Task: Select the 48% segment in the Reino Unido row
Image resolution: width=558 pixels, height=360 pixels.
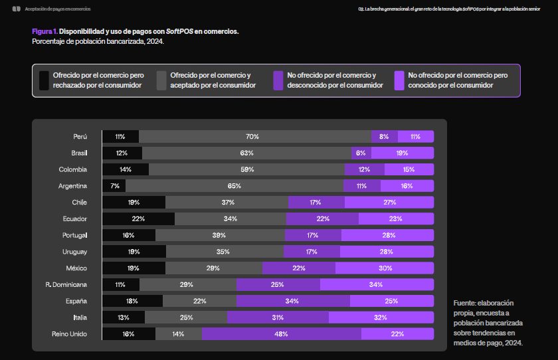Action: [x=282, y=334]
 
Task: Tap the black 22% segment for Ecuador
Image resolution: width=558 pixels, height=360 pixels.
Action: [x=138, y=219]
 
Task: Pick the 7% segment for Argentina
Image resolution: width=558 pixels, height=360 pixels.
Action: [x=114, y=186]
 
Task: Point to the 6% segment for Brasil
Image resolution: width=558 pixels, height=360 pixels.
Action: [x=361, y=153]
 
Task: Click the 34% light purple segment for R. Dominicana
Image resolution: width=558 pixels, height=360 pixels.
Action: [x=377, y=284]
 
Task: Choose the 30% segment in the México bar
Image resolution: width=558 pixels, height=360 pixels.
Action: [x=385, y=268]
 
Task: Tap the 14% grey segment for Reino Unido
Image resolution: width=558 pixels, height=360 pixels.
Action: [x=179, y=334]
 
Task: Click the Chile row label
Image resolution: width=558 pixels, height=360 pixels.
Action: [x=80, y=202]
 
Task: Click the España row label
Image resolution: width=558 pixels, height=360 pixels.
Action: [x=76, y=301]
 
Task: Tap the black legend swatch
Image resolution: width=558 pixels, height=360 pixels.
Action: [x=44, y=80]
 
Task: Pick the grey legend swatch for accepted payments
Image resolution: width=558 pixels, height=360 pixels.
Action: [x=161, y=80]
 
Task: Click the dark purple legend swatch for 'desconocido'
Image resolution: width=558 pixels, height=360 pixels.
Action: [x=278, y=80]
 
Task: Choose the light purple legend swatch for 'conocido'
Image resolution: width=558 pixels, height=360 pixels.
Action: [x=399, y=80]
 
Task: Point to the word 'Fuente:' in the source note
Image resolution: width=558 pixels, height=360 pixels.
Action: [x=466, y=303]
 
